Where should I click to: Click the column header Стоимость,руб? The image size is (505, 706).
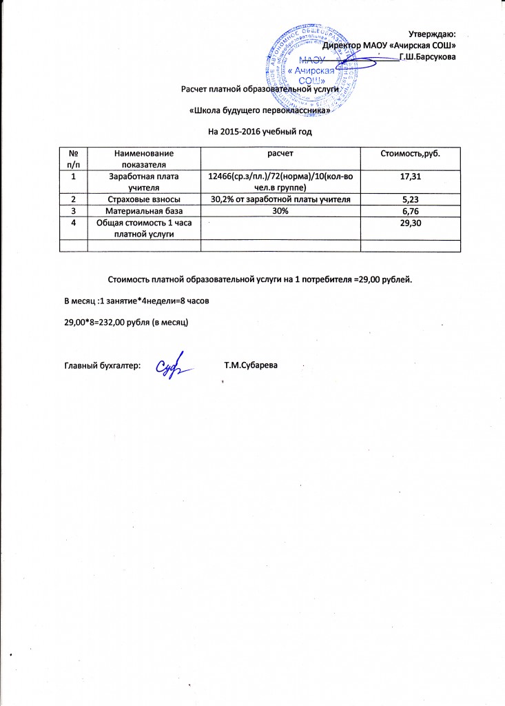[x=411, y=152]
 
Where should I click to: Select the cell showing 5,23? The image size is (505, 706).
[x=411, y=200]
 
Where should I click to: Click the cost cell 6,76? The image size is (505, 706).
[x=411, y=211]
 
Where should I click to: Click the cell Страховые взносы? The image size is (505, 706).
[x=145, y=200]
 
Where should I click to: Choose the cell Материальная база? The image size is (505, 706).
[x=145, y=211]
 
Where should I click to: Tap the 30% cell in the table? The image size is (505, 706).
[x=280, y=211]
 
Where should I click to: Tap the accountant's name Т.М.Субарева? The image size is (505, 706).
[x=251, y=364]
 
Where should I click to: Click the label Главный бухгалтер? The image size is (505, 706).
[x=102, y=364]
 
